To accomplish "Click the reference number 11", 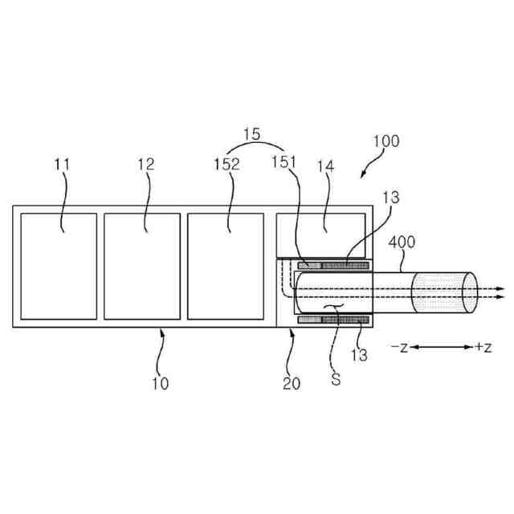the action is tap(63, 165).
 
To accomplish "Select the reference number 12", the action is tap(146, 165).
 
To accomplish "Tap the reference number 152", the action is tap(227, 165).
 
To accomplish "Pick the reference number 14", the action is tap(328, 165).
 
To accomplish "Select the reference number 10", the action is tap(161, 383).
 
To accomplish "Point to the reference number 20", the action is tap(291, 383).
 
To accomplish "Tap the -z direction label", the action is tap(400, 347).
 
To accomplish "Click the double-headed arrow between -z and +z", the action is tap(441, 347).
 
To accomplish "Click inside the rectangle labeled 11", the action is tap(58, 265).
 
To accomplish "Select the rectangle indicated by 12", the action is tap(142, 265).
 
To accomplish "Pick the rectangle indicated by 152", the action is tap(226, 265).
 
